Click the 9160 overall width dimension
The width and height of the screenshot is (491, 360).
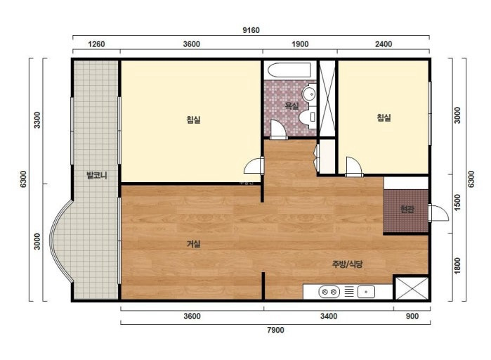[251, 30]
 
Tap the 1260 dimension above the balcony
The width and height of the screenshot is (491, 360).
[96, 44]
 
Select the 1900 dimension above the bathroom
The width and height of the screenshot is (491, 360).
[300, 44]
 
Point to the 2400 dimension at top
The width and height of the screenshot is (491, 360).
[384, 44]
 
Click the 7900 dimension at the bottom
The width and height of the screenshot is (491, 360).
[275, 330]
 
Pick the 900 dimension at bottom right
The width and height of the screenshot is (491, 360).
[412, 316]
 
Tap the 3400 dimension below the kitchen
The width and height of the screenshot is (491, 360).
[329, 316]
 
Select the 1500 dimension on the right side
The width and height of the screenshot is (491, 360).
[457, 202]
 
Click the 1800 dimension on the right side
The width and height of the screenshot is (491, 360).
[457, 266]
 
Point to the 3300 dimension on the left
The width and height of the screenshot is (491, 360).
[37, 120]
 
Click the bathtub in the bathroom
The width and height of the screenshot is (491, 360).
[289, 70]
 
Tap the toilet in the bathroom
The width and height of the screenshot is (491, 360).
[308, 118]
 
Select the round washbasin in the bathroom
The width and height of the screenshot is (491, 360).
[310, 94]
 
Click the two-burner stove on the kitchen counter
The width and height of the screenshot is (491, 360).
[329, 292]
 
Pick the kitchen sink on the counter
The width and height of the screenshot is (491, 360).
[366, 292]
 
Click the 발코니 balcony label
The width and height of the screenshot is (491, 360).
[97, 175]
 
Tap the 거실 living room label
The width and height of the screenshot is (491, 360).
[193, 244]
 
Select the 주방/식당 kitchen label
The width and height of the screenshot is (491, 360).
[347, 264]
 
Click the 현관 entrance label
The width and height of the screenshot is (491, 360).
[407, 209]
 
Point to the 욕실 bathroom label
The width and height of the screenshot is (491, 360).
[292, 106]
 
